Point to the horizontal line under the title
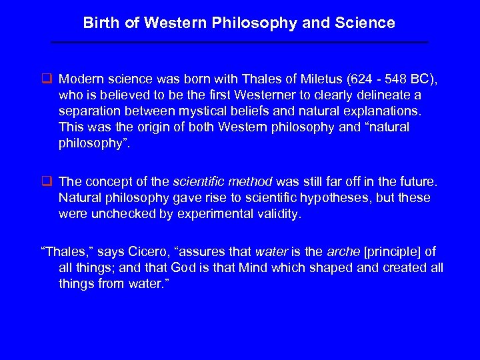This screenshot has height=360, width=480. coord(239,42)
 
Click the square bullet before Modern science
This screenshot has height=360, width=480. coord(48,81)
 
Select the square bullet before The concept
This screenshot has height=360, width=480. coord(48,181)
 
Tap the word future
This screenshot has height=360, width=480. coord(413,181)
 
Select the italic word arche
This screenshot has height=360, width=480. coord(341,251)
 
